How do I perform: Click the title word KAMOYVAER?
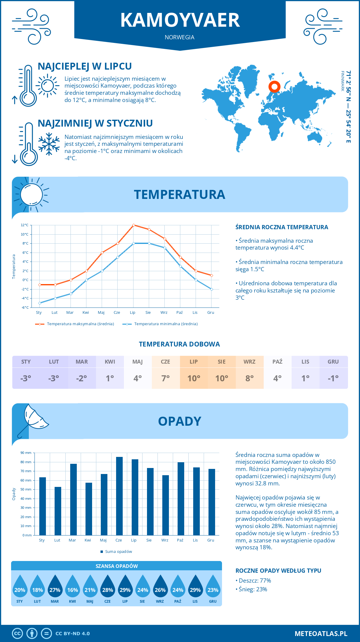pos(180,20)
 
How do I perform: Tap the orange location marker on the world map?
pos(274,87)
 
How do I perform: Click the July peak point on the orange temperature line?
pos(133,225)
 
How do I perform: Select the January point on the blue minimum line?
pos(40,303)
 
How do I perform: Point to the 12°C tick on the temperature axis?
pos(25,225)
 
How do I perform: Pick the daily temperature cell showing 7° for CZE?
pos(166,378)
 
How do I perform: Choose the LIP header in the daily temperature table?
pos(193,362)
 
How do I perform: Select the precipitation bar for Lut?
pos(58,511)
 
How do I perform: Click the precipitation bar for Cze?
pos(119,496)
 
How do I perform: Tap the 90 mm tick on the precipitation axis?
pos(26,453)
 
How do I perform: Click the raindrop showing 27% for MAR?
pos(55,586)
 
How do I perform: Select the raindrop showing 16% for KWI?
pos(73,586)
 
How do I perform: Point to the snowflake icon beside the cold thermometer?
pos(49,144)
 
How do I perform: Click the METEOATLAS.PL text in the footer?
pos(321,634)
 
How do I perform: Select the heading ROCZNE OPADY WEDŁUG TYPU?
pos(278,571)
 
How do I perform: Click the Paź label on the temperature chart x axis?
pos(179,313)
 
